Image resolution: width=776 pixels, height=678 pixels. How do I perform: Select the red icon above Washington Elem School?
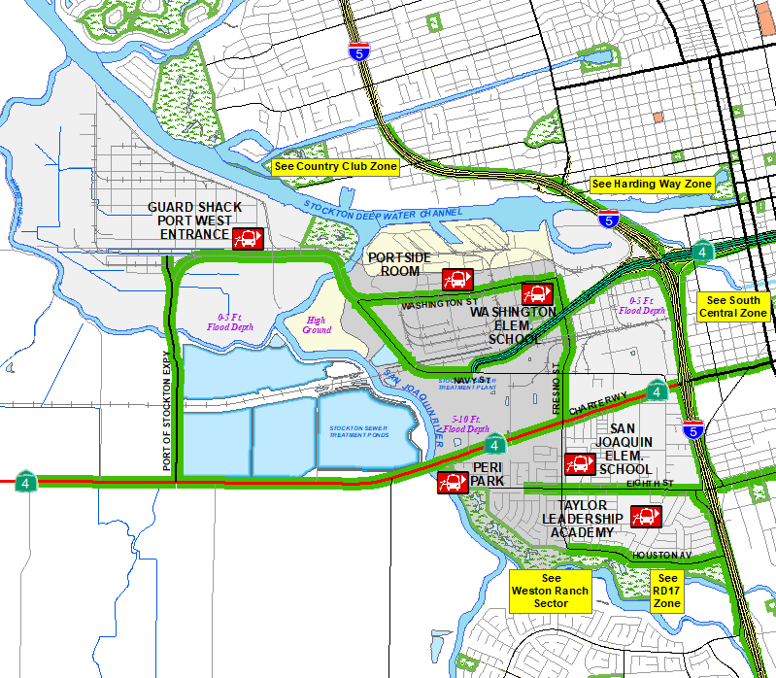point(536,293)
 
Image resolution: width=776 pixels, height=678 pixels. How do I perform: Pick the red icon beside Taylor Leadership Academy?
point(646,517)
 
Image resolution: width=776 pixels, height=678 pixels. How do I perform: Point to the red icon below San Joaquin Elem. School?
point(580,464)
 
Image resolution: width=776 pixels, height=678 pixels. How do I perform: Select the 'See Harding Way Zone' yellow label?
point(652,185)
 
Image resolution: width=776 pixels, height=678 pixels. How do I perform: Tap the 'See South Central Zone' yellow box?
point(734,307)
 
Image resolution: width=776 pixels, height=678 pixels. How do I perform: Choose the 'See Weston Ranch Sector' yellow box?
point(551,591)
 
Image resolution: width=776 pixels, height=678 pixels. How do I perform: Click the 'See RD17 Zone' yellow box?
point(667,591)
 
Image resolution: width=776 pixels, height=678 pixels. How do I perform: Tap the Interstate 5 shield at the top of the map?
point(358,54)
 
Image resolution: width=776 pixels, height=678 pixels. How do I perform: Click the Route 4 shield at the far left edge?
point(22,481)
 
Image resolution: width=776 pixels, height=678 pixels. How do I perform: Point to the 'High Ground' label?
point(317,324)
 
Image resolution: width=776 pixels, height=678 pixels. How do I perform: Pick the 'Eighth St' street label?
point(650,483)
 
